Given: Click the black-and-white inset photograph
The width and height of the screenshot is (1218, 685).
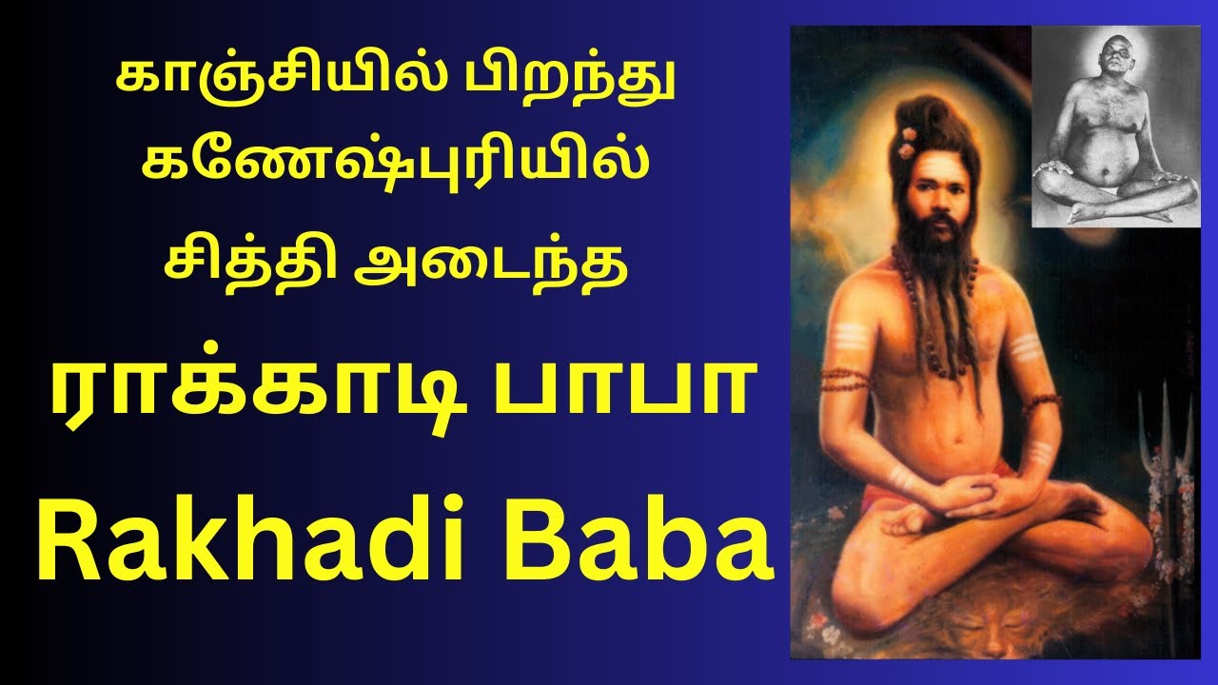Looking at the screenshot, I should tap(1115, 126).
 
